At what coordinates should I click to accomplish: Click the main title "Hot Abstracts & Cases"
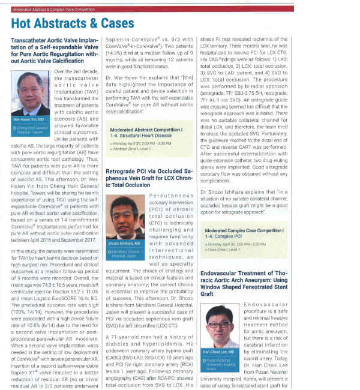point(73,23)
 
